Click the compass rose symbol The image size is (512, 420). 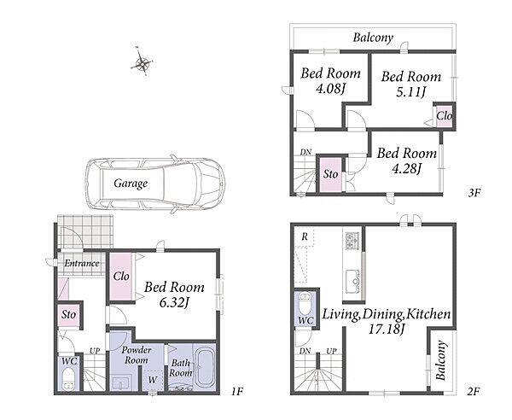pos(142,62)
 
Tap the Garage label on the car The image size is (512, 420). pos(131,184)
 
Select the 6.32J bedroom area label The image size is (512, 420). pos(174,303)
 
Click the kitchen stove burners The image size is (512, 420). pos(352,241)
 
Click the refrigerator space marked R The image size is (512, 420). pos(304,237)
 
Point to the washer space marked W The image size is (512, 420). pos(153,381)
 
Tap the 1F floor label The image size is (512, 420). pos(237,391)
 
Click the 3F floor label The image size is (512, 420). pos(474,193)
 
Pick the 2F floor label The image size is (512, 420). pos(473,391)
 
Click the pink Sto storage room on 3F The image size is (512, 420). pos(330,175)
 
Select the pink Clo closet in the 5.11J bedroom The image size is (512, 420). pos(445,116)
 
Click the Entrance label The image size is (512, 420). pos(82,263)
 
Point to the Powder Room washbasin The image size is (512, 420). pos(122,382)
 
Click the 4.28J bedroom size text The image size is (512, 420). pos(407,169)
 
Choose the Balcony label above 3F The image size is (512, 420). pos(373,38)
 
